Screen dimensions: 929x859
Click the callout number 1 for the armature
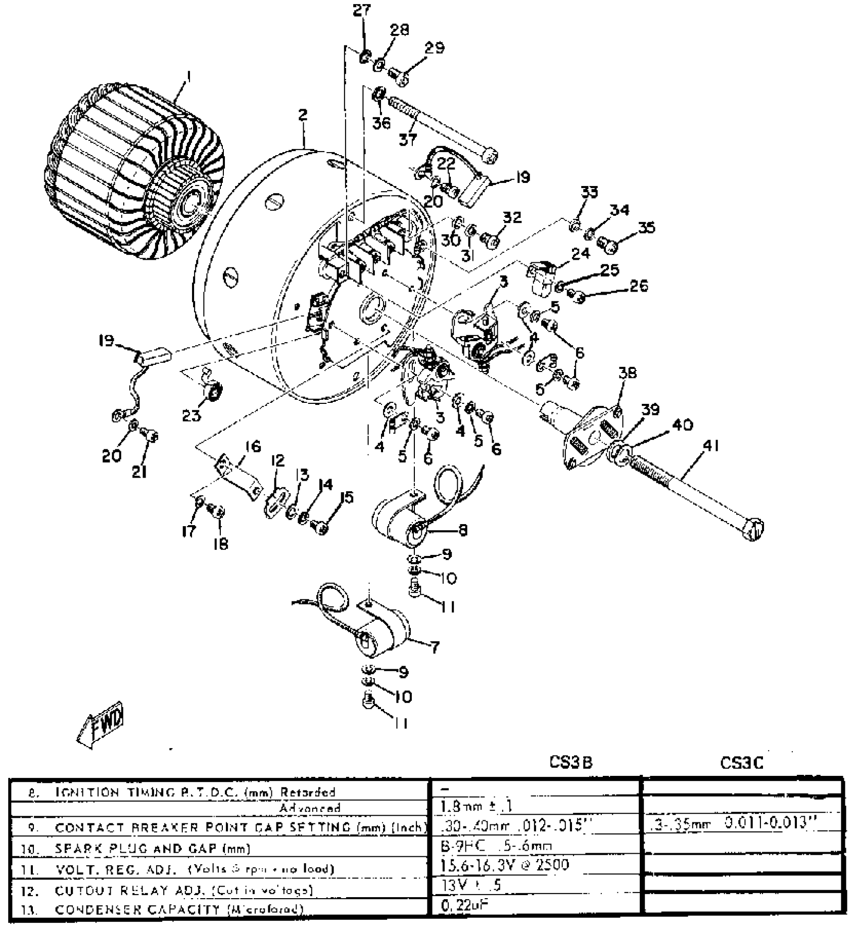point(188,76)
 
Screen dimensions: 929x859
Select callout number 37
point(408,139)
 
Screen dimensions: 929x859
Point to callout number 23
point(192,415)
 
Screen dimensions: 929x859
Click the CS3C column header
point(741,763)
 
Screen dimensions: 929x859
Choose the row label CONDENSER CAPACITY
point(179,910)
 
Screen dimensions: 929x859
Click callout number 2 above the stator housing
point(302,115)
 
